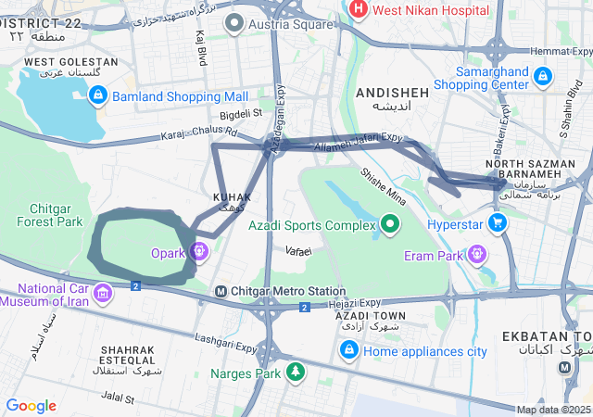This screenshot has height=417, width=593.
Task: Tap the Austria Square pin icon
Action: (236, 23)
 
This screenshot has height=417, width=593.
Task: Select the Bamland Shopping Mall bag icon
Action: (98, 95)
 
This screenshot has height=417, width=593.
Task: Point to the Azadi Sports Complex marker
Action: (390, 224)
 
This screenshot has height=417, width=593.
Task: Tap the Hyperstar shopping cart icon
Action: (498, 223)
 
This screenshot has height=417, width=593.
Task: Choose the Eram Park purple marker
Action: (477, 252)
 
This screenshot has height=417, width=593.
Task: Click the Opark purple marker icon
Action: (199, 251)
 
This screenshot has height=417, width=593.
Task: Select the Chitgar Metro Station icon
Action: (221, 291)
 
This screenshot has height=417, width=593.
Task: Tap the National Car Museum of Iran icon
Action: (103, 295)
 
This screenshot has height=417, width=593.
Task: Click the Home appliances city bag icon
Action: (349, 350)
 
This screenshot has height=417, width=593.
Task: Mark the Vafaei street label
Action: (298, 251)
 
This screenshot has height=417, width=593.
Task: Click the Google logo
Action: (31, 406)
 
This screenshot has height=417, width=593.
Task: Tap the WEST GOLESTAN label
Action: (70, 61)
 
